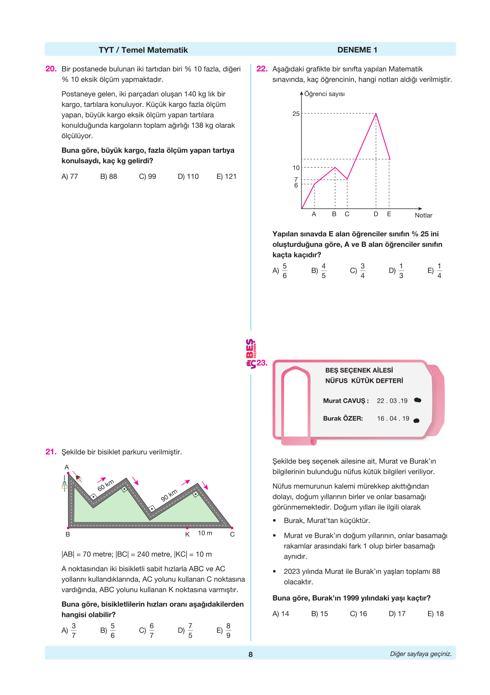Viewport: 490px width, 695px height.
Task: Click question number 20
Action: point(51,69)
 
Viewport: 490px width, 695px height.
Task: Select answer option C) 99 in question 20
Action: point(147,176)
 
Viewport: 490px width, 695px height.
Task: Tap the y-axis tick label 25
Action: point(296,114)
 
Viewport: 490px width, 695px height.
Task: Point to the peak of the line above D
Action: point(376,114)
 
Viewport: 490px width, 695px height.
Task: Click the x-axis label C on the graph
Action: point(347,214)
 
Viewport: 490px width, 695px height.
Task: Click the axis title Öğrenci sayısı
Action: point(324,94)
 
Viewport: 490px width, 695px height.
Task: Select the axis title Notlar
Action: point(423,215)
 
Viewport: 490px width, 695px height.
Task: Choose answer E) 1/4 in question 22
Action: point(435,271)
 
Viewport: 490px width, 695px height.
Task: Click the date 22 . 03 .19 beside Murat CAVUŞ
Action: point(392,401)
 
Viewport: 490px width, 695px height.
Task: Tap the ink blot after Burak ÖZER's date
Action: point(416,420)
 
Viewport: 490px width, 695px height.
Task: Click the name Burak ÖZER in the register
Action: point(343,418)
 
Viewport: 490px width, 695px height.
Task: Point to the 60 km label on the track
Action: point(106,485)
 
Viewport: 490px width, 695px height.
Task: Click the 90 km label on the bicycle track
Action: point(169,495)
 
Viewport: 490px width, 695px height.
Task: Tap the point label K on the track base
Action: point(187,534)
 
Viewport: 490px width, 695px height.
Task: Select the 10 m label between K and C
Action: point(205,533)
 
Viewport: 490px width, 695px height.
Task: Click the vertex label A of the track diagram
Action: point(67,467)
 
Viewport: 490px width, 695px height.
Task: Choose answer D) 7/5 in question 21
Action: point(185,631)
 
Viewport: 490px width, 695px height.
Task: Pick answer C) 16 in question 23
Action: point(358,614)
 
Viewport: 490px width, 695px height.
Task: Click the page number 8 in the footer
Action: point(251,654)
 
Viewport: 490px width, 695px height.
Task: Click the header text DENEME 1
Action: point(357,50)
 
